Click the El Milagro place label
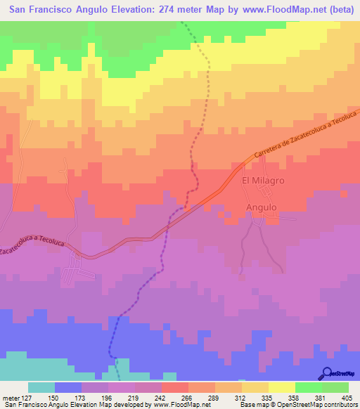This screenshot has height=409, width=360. tap(262, 181)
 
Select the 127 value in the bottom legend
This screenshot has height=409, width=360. tap(27, 397)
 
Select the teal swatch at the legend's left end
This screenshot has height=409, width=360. tap(41, 387)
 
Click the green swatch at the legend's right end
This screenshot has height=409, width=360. tap(335, 387)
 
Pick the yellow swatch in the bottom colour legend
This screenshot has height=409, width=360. tap(281, 387)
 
